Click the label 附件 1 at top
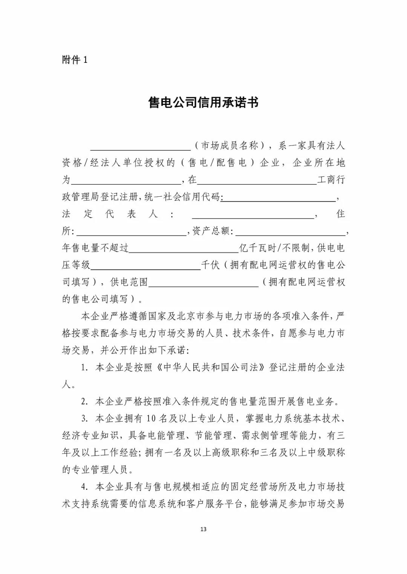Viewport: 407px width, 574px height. (x=75, y=60)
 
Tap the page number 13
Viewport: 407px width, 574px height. (x=203, y=529)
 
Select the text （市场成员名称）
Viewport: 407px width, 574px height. (x=230, y=146)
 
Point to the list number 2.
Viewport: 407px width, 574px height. (x=84, y=402)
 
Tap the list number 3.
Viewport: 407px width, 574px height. (x=84, y=419)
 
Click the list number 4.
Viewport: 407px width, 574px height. (x=84, y=487)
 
